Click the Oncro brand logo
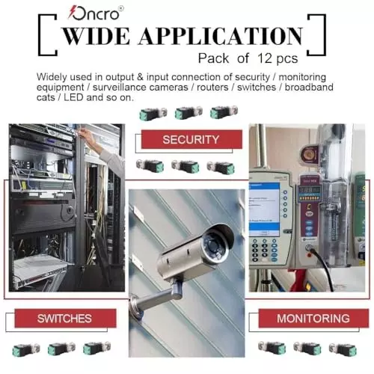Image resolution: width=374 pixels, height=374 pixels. click(96, 13)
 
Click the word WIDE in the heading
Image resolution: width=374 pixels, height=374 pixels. click(96, 36)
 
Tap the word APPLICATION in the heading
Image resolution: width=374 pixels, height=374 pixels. click(221, 36)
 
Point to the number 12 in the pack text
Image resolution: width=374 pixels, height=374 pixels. click(265, 58)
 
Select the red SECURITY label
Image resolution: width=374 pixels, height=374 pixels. click(191, 139)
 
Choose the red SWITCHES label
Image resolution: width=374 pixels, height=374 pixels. click(65, 318)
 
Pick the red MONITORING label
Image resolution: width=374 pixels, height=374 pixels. click(313, 318)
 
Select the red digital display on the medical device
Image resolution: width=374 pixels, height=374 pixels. click(309, 190)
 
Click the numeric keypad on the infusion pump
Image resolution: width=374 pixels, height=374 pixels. click(264, 250)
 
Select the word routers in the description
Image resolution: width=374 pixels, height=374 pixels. click(212, 88)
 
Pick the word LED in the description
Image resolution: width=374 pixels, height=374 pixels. click(73, 97)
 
